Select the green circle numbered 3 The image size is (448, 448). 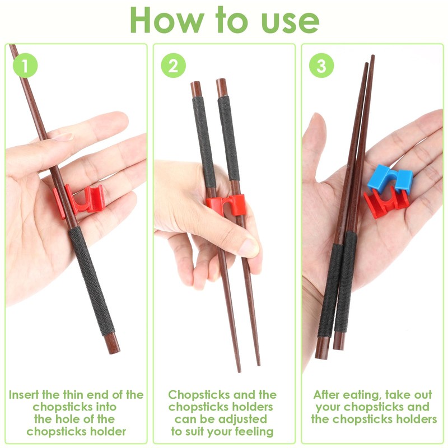pyautogui.click(x=321, y=66)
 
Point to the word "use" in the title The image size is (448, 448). pyautogui.click(x=291, y=21)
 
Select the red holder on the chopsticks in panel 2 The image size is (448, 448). pyautogui.click(x=227, y=204)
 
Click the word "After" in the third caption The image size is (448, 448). pyautogui.click(x=329, y=395)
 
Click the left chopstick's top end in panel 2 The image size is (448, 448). pyautogui.click(x=195, y=88)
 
